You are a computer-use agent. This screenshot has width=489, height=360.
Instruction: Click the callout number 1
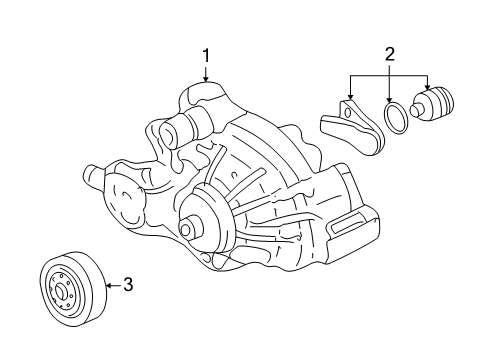[x=206, y=56]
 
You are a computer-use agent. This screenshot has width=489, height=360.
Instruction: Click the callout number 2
[x=389, y=56]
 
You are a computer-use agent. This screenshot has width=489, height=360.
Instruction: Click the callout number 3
[x=126, y=286]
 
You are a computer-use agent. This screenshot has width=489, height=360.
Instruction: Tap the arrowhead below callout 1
[x=206, y=82]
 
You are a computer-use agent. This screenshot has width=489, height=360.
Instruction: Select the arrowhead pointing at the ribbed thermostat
[x=428, y=88]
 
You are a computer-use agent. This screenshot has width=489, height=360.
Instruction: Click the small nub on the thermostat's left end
[x=415, y=110]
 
